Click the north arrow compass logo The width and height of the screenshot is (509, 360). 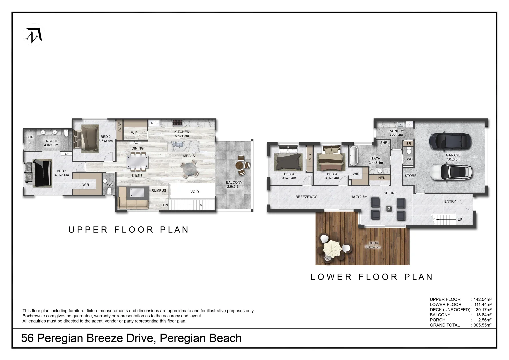[x=34, y=35]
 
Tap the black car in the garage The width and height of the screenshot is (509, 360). [x=450, y=141]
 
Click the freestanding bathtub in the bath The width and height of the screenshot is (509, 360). [x=353, y=156]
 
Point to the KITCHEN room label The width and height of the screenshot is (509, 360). [x=182, y=132]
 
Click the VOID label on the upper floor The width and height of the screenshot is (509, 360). [x=195, y=192]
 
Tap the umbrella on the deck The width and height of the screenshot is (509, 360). [x=332, y=249]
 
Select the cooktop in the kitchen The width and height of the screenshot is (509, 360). [x=177, y=123]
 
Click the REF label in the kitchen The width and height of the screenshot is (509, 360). [x=154, y=123]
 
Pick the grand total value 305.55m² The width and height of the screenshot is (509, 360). [x=483, y=325]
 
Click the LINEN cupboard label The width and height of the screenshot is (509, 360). [x=380, y=178]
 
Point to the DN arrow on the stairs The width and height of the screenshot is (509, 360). [x=187, y=205]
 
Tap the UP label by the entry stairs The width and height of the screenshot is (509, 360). [x=460, y=220]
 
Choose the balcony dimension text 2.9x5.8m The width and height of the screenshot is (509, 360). [x=234, y=187]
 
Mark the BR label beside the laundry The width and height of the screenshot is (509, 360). [x=409, y=144]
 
